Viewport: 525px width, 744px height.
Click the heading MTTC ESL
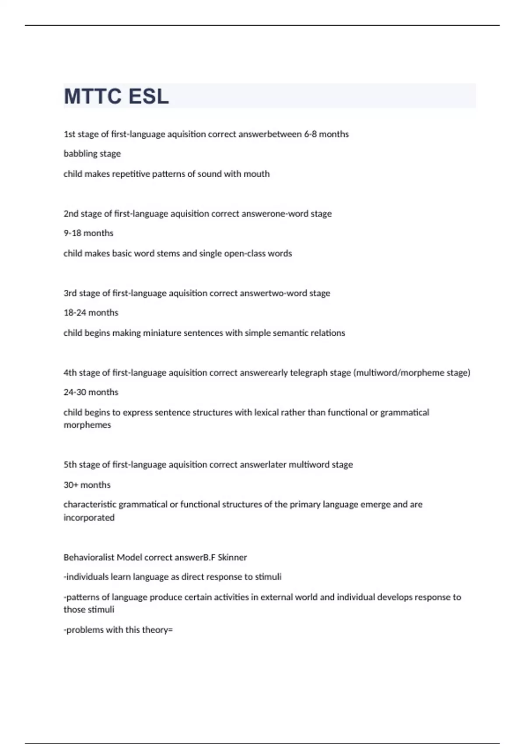(116, 97)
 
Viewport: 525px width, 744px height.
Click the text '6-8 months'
(326, 134)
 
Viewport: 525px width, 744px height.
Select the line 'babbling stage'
(92, 154)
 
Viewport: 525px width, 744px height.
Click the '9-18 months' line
(88, 233)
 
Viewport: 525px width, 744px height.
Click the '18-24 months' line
(91, 313)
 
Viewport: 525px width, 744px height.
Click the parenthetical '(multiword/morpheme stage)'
(412, 373)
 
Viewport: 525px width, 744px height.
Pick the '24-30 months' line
(91, 392)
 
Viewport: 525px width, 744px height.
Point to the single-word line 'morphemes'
(87, 425)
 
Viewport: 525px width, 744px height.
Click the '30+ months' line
(87, 485)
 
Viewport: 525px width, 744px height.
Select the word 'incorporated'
(89, 518)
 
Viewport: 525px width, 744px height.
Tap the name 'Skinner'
(232, 558)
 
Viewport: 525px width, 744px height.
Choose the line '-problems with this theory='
(118, 630)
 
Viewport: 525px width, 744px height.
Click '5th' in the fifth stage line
(70, 465)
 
